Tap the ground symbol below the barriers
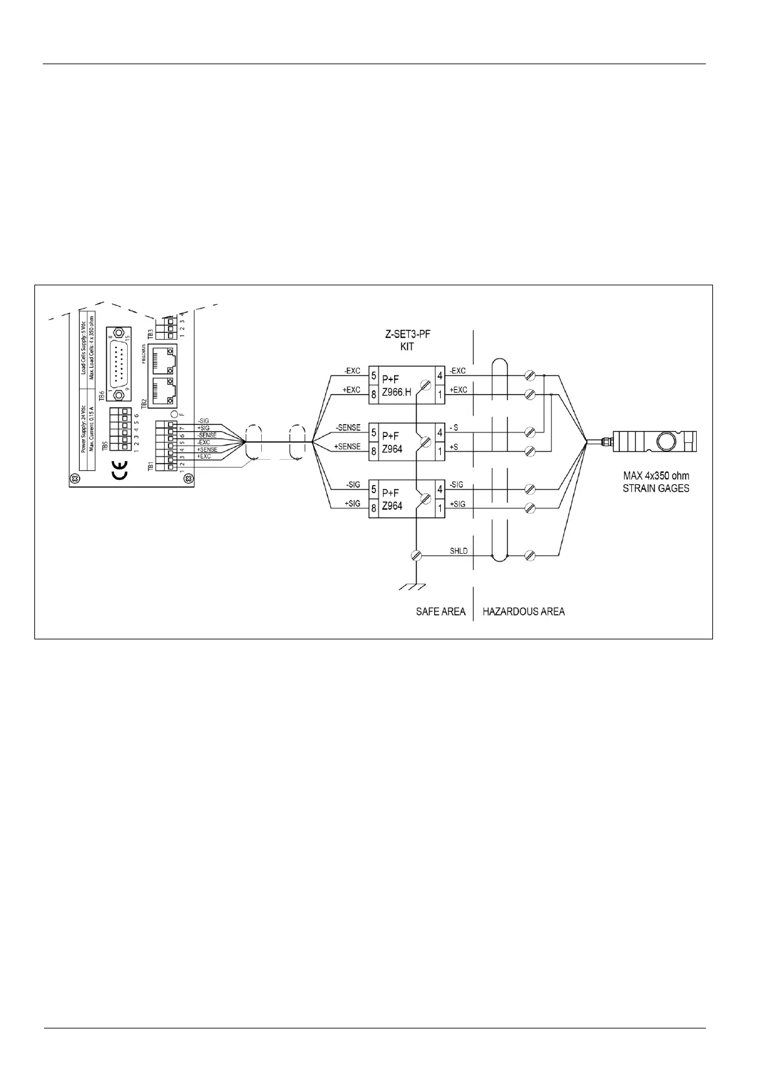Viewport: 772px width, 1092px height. (413, 586)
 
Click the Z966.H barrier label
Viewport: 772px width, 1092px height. (397, 392)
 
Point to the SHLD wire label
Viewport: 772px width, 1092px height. (459, 551)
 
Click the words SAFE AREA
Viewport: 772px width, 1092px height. (441, 611)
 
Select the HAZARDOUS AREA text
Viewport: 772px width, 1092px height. (523, 611)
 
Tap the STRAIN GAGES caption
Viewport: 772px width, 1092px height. (656, 488)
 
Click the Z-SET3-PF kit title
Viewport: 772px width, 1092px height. (407, 341)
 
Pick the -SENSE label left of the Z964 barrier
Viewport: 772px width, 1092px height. (348, 428)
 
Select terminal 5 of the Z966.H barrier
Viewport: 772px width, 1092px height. (374, 375)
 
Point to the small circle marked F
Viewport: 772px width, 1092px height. (173, 413)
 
